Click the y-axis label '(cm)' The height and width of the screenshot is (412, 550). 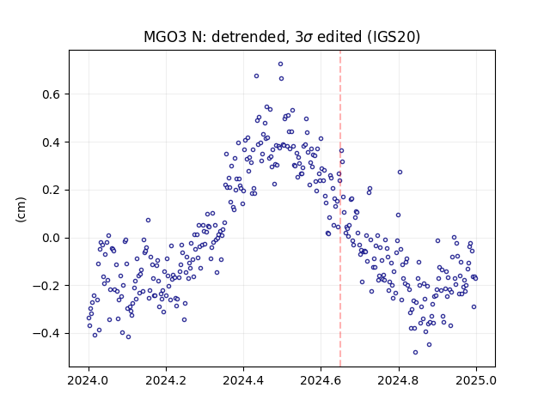[21, 209]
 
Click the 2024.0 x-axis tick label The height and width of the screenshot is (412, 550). [88, 380]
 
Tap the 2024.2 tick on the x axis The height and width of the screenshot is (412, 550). [166, 380]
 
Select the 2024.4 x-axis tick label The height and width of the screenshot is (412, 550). [243, 380]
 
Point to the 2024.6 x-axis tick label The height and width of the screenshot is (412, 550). [321, 380]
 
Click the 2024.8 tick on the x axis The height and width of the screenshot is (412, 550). [398, 380]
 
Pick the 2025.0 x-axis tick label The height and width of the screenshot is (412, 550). [476, 380]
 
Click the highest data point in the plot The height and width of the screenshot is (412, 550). [281, 64]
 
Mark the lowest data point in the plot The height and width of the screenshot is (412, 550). [416, 353]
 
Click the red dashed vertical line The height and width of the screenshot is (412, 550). [340, 209]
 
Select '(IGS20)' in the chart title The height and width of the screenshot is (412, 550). [394, 37]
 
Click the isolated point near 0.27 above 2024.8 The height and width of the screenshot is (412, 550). [400, 172]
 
